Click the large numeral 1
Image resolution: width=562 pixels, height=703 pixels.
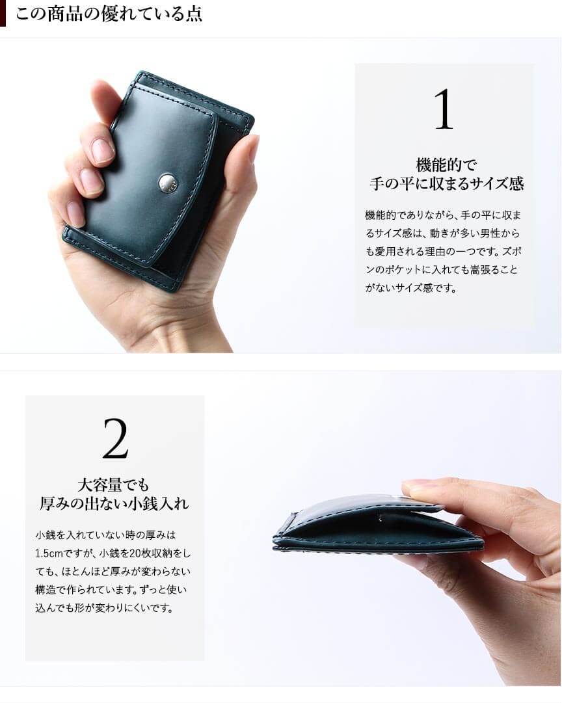click(444, 109)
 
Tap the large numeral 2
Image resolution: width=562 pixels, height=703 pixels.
click(115, 438)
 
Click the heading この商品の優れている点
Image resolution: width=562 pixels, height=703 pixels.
click(109, 14)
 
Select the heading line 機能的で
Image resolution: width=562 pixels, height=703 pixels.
click(446, 165)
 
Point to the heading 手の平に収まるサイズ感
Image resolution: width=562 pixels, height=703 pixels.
click(446, 184)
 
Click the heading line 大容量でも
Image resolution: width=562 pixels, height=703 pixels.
click(113, 484)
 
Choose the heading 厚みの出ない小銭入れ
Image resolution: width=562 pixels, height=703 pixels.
click(114, 503)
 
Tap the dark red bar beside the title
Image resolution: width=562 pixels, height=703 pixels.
click(3, 14)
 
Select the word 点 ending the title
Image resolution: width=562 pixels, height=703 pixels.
click(194, 14)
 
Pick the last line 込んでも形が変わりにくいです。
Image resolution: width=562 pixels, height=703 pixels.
click(104, 609)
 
